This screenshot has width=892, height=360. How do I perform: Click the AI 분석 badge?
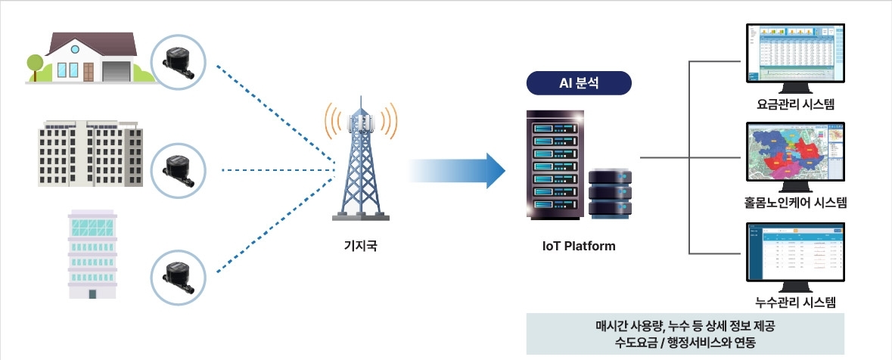pyautogui.click(x=579, y=83)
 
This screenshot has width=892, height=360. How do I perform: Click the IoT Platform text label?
pyautogui.click(x=579, y=246)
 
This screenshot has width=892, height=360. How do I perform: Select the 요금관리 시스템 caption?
pyautogui.click(x=795, y=104)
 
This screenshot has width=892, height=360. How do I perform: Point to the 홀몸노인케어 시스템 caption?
pyautogui.click(x=795, y=202)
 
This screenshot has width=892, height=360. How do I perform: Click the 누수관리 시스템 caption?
pyautogui.click(x=795, y=303)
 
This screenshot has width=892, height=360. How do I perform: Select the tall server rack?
pyautogui.click(x=554, y=165)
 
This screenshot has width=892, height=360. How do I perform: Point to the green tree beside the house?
pyautogui.click(x=35, y=64)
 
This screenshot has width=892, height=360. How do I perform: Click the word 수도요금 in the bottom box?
pyautogui.click(x=639, y=342)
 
